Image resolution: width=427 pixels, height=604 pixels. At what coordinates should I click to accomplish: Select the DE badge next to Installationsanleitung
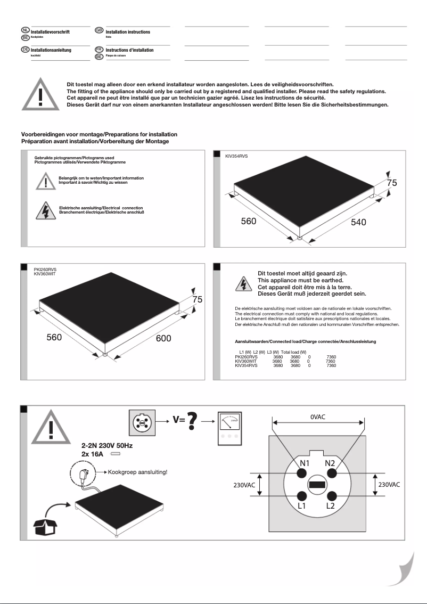(25, 49)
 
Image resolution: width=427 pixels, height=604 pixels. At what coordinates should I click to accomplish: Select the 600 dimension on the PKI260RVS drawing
(163, 338)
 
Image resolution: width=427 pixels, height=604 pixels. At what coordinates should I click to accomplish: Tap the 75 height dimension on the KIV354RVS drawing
(392, 183)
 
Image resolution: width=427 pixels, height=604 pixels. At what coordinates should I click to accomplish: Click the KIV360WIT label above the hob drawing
(45, 274)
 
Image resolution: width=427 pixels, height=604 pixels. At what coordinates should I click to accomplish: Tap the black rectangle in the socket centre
(317, 485)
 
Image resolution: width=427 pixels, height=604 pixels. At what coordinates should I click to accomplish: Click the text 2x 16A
(93, 454)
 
